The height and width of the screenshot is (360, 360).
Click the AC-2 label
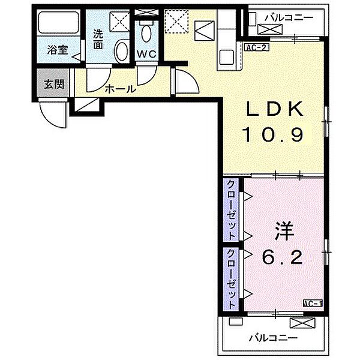pyautogui.click(x=257, y=47)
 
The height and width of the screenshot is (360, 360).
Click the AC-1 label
pyautogui.click(x=313, y=303)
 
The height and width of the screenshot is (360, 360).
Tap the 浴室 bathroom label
pyautogui.click(x=58, y=50)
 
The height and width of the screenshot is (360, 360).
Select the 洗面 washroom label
pyautogui.click(x=98, y=40)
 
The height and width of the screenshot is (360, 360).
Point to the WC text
pyautogui.click(x=146, y=55)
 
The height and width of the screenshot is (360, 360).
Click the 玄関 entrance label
pyautogui.click(x=54, y=84)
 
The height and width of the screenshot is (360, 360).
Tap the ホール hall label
pyautogui.click(x=121, y=89)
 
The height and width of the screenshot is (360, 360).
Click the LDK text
pyautogui.click(x=274, y=109)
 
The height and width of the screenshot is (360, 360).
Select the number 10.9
pyautogui.click(x=273, y=134)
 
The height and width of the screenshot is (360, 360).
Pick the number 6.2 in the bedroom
pyautogui.click(x=282, y=257)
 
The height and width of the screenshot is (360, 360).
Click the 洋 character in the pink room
pyautogui.click(x=284, y=231)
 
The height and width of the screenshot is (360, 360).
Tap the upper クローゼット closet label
pyautogui.click(x=231, y=209)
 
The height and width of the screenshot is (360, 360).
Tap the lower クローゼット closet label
pyautogui.click(x=231, y=278)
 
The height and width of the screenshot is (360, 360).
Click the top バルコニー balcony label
pyautogui.click(x=289, y=17)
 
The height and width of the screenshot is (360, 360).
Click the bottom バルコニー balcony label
pyautogui.click(x=273, y=338)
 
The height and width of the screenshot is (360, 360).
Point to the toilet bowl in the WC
pyautogui.click(x=146, y=33)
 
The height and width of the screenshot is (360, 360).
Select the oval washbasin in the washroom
pyautogui.click(x=121, y=52)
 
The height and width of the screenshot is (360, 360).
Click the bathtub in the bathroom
pyautogui.click(x=59, y=23)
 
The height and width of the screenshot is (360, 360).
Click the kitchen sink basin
pyautogui.click(x=227, y=58)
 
